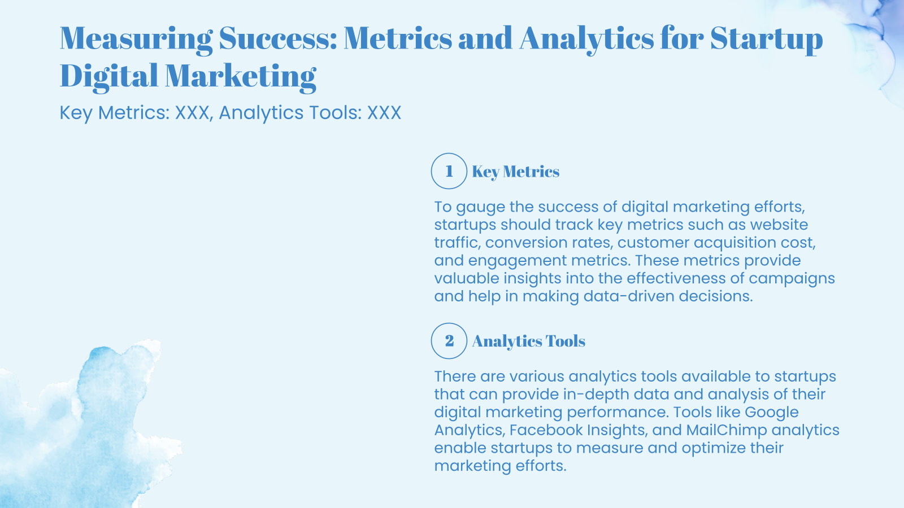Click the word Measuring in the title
(136, 38)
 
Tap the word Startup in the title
(766, 38)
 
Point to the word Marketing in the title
(240, 76)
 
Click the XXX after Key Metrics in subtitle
(192, 113)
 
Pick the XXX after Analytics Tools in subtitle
(384, 113)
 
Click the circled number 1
(449, 171)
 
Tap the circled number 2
(449, 341)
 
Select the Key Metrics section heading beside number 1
(515, 172)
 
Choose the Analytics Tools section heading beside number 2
(528, 341)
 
